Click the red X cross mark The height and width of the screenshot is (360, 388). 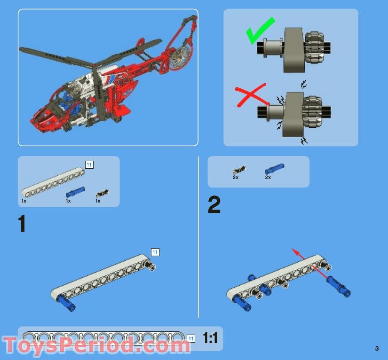pos(250,95)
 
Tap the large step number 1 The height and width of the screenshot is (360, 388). pos(22,224)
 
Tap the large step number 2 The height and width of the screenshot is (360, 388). pos(214,204)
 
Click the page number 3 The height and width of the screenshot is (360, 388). pos(377,348)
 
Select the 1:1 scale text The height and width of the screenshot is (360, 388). pos(210,338)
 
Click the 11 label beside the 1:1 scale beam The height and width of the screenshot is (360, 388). pos(191,339)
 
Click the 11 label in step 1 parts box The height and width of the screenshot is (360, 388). pos(89,164)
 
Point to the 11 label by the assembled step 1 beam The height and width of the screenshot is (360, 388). pos(155,252)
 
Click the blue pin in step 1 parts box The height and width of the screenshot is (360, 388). pos(75,192)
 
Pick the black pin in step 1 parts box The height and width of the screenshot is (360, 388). pos(102,193)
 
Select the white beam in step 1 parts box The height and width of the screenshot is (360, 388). pos(53,181)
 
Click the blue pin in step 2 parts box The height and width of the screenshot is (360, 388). pos(275,169)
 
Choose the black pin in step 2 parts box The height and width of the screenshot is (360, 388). pos(239,170)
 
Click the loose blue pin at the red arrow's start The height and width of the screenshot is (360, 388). pos(338,287)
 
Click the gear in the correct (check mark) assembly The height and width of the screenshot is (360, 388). pos(314,47)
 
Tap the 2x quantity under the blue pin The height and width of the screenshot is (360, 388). pos(268,178)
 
